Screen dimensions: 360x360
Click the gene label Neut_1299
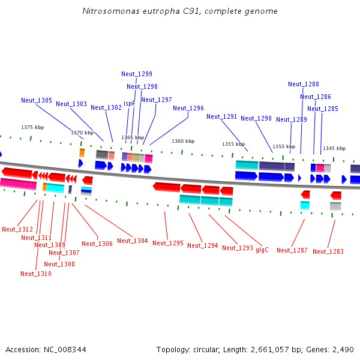click(x=137, y=74)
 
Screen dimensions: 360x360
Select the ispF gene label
click(x=129, y=104)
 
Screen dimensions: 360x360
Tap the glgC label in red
click(x=262, y=250)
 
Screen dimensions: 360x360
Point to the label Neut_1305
click(x=37, y=101)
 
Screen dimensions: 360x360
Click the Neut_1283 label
click(x=328, y=252)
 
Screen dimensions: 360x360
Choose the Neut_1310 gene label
click(x=36, y=274)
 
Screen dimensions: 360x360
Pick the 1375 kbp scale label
click(x=32, y=128)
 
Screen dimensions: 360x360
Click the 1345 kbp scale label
click(x=334, y=148)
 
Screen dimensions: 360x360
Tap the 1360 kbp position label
click(x=183, y=142)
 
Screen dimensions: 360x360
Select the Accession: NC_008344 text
click(x=46, y=349)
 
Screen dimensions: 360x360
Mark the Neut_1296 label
click(x=188, y=109)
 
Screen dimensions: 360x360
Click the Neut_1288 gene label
click(x=304, y=85)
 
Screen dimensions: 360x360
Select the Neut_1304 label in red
click(x=133, y=241)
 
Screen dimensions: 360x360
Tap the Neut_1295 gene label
click(x=168, y=244)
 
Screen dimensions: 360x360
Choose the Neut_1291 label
click(x=222, y=117)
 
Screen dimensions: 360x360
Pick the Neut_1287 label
click(x=292, y=250)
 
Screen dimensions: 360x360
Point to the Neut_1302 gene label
click(x=106, y=108)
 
